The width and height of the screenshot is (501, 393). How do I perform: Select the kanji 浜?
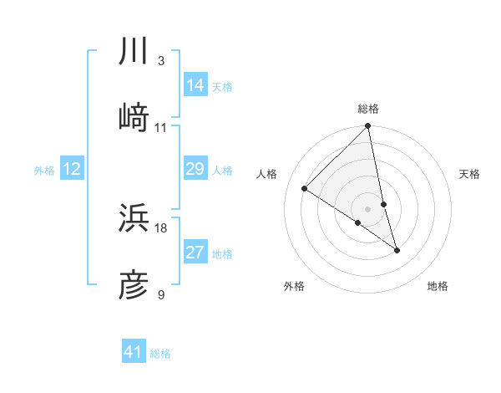point(134,218)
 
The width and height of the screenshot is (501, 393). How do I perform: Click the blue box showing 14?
point(195,84)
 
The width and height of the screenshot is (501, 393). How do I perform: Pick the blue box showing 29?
point(195,169)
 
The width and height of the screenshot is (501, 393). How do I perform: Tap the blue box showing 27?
point(195,253)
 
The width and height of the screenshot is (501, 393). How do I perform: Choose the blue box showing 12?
point(72,169)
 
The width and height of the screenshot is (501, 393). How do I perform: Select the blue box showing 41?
point(134,352)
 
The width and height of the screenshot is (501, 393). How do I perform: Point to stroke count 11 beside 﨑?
point(161,128)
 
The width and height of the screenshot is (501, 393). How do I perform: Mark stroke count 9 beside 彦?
point(160,295)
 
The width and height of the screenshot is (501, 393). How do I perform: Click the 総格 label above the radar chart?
point(368,109)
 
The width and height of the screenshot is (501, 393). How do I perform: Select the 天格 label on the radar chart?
point(469,174)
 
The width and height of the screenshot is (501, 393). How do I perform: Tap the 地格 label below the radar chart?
point(438,286)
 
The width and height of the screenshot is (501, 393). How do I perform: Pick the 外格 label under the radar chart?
point(294,286)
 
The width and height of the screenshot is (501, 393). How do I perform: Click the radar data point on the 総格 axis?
point(368,127)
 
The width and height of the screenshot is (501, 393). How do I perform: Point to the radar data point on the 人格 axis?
point(305,189)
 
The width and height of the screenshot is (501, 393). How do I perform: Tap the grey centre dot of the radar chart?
point(368,209)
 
